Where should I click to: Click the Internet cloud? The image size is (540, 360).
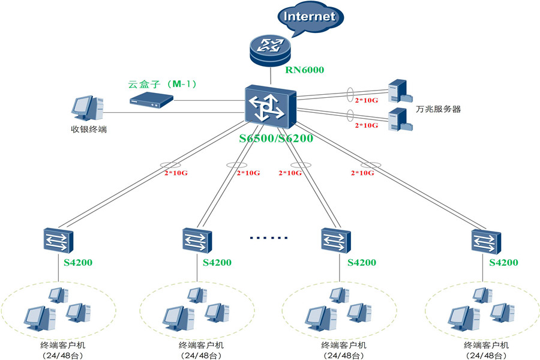[310, 18]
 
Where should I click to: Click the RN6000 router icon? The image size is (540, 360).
[271, 50]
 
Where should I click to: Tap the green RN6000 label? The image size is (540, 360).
[304, 70]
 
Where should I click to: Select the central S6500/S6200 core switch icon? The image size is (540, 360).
[271, 106]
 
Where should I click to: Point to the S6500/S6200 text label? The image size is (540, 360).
[276, 138]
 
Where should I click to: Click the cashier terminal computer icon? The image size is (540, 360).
[88, 108]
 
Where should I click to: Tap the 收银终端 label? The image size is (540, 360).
[89, 129]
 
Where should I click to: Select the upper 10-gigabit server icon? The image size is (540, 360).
[400, 91]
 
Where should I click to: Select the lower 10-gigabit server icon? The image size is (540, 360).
[400, 119]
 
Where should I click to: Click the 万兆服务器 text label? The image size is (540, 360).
[438, 109]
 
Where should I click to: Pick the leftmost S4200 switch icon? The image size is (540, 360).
[59, 240]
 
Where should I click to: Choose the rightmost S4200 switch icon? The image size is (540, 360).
[486, 241]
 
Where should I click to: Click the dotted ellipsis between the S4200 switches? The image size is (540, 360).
[269, 238]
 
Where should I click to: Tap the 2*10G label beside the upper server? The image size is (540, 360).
[367, 100]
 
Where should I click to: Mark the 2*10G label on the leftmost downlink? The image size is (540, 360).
[176, 173]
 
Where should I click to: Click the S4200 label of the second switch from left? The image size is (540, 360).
[217, 263]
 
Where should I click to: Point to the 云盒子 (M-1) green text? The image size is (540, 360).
[162, 84]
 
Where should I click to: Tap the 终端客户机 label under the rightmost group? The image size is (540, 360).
[486, 345]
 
